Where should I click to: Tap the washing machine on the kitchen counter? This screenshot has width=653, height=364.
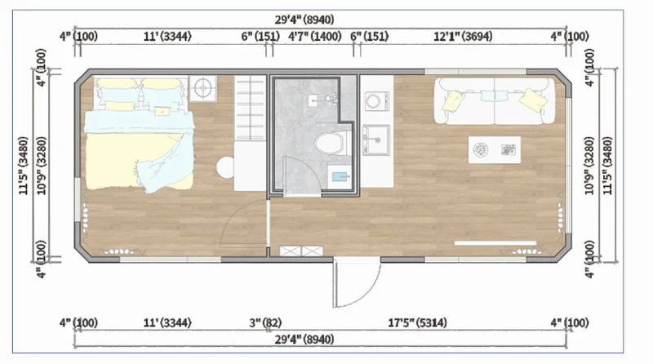[376, 101]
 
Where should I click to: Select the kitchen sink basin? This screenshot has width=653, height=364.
[376, 140]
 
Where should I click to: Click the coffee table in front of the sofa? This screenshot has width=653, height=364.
[495, 150]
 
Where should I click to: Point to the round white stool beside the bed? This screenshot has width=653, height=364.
[225, 167]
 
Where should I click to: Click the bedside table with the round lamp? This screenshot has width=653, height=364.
[202, 88]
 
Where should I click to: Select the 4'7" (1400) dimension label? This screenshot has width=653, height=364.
[315, 37]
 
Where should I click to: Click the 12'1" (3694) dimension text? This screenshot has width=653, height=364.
[463, 37]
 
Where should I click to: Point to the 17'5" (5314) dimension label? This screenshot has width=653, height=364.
[417, 322]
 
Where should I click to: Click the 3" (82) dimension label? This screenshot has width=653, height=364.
[265, 322]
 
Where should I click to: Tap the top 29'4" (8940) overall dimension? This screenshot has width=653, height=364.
[304, 20]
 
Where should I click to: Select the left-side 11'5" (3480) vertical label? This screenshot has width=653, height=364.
[24, 166]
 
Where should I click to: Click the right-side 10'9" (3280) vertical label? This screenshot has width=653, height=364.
[589, 166]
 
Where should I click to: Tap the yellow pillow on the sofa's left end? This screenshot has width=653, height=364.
[453, 101]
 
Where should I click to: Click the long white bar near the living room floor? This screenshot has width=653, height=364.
[495, 243]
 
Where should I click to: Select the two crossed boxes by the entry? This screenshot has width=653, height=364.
[301, 251]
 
